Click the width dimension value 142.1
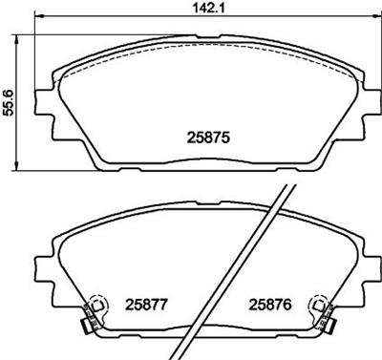(209, 8)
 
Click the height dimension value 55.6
(8, 102)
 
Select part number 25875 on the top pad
(208, 138)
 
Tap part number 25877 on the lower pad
(146, 305)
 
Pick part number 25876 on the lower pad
(270, 305)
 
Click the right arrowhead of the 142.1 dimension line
(375, 16)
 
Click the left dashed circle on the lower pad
(98, 306)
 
